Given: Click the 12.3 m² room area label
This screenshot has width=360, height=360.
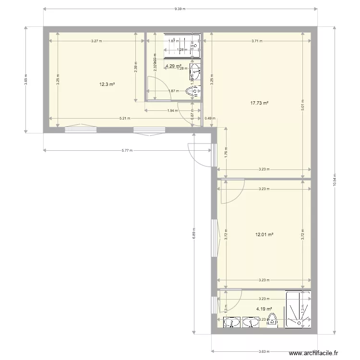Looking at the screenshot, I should tap(106, 84).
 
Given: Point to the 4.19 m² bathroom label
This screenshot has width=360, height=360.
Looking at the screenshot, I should tap(264, 309).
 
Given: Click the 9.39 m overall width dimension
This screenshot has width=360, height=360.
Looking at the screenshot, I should tap(180, 9).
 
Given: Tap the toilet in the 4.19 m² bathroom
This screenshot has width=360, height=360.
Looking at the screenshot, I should tap(272, 321).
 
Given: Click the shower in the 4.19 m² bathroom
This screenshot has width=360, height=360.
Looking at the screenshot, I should tap(298, 309).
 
